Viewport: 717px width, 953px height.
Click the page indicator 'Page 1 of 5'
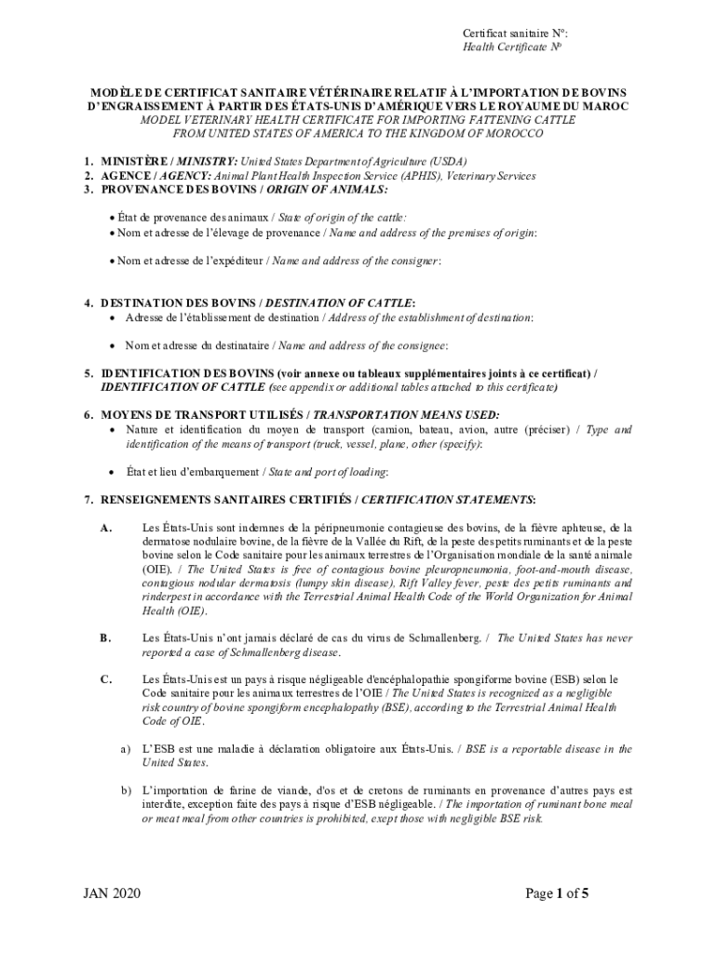pos(557,894)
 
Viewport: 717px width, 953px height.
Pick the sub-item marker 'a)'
pos(124,748)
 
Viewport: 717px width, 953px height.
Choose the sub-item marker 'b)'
pos(124,790)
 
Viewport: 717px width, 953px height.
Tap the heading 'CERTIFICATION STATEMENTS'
pos(447,500)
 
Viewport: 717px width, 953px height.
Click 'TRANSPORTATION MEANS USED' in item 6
pos(405,414)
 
